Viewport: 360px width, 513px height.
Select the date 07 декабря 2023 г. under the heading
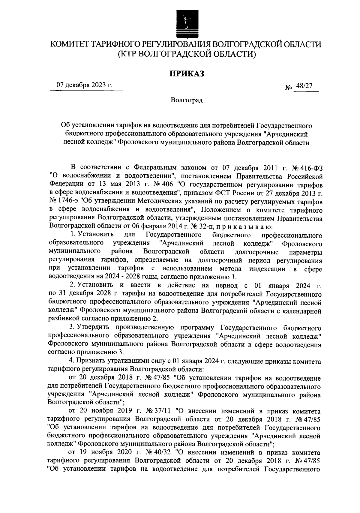pyautogui.click(x=85, y=85)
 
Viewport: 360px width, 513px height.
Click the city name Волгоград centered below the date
pyautogui.click(x=187, y=100)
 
